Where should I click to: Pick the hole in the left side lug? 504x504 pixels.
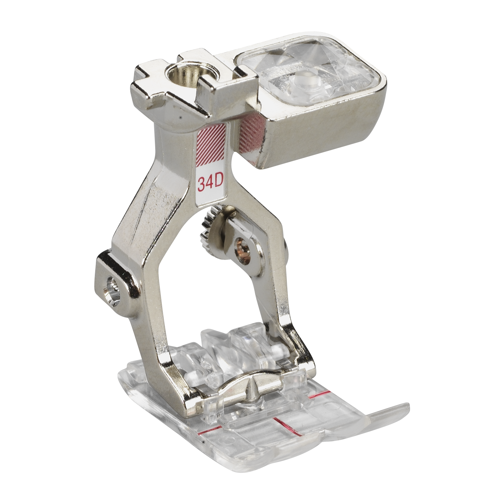coord(111,286)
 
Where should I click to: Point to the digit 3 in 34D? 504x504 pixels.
coord(201,183)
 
